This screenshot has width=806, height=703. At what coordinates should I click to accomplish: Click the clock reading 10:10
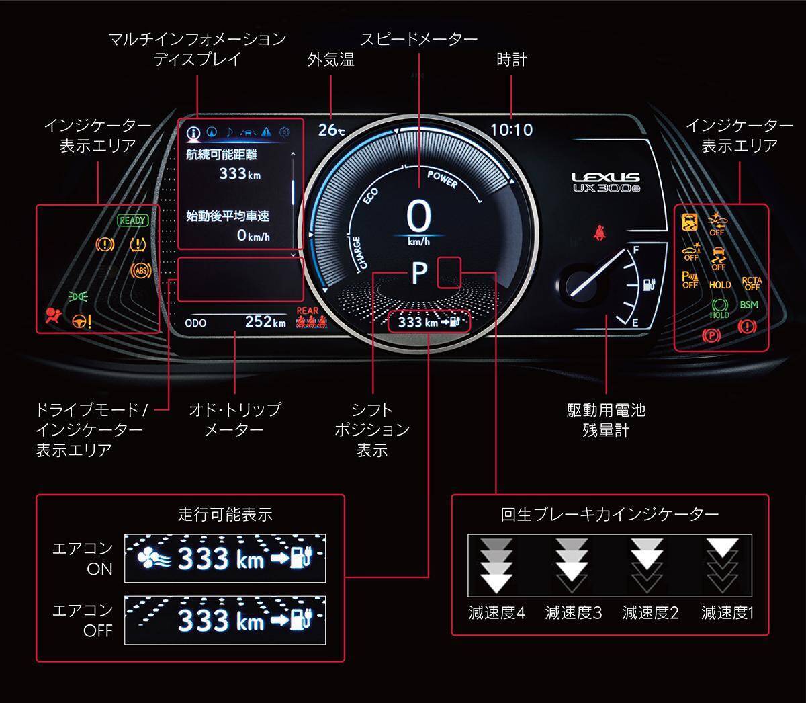[x=511, y=130]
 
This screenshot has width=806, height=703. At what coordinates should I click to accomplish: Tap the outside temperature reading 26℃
[x=331, y=129]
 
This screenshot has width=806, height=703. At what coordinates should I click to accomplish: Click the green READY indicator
[x=132, y=220]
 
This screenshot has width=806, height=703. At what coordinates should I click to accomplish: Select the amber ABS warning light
[x=140, y=271]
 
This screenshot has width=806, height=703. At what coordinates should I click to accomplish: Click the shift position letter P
[x=419, y=273]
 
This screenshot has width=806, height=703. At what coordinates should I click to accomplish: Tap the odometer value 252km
[x=265, y=322]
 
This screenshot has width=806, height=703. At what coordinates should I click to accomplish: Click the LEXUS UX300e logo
[x=606, y=183]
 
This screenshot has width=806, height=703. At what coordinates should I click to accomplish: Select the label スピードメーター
[x=418, y=39]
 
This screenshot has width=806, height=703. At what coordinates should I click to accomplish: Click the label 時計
[x=511, y=60]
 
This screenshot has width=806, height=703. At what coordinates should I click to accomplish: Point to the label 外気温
[x=330, y=60]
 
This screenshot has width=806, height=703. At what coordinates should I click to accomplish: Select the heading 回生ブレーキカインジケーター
[x=609, y=515]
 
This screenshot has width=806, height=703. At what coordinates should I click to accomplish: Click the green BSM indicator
[x=749, y=305]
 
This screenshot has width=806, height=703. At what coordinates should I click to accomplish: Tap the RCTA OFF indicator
[x=752, y=284]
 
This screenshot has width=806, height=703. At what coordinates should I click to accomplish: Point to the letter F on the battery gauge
[x=636, y=250]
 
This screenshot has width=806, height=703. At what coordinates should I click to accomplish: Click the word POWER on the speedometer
[x=442, y=180]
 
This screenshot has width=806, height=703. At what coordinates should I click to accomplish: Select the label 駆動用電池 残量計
[x=606, y=419]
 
